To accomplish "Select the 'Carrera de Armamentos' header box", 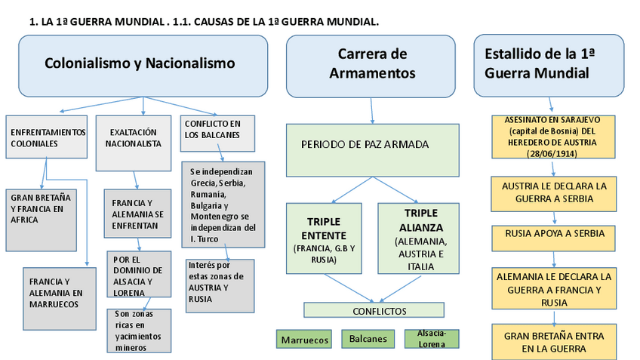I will [x=372, y=65].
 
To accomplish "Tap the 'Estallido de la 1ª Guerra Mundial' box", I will [x=549, y=65].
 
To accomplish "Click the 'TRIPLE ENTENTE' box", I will [x=325, y=238].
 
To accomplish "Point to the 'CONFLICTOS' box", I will [x=374, y=310].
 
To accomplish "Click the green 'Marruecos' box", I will [x=305, y=340].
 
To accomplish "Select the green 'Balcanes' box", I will [x=368, y=339].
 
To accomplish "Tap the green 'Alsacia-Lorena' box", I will [x=432, y=338].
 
